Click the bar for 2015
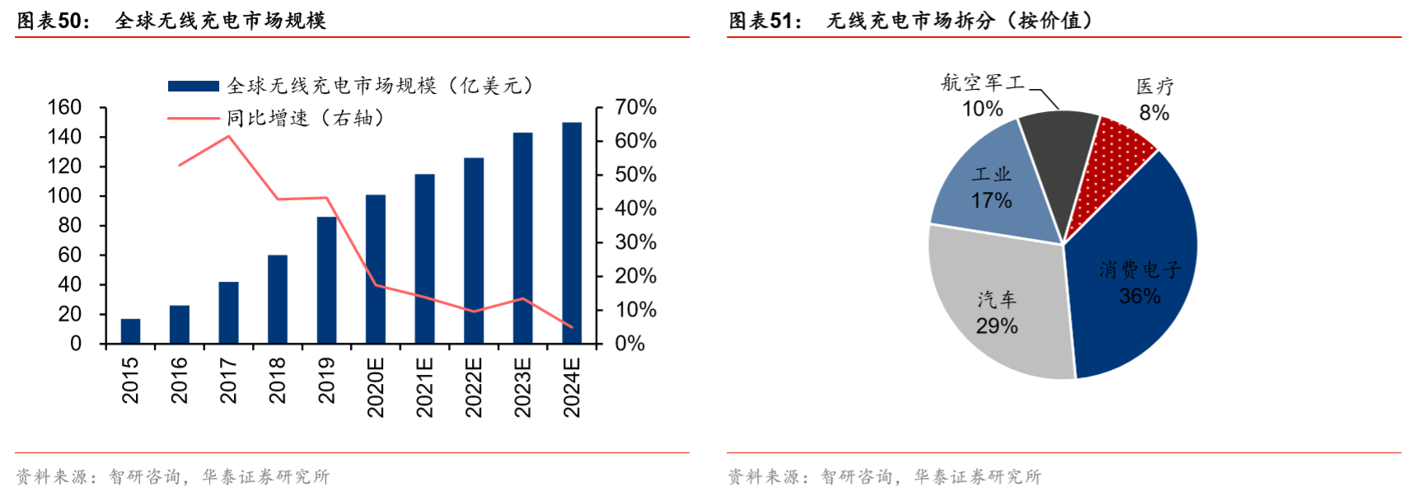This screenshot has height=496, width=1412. point(130,331)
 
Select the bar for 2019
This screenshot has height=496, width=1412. point(326,280)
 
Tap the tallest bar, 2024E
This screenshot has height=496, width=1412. point(572,233)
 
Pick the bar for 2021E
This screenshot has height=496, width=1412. point(424,259)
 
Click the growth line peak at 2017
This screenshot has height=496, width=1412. point(228,136)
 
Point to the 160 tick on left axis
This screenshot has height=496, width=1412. point(64,107)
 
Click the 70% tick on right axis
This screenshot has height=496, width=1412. point(635,107)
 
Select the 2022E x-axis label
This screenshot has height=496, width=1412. point(474,387)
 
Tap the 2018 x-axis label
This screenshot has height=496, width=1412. point(278,380)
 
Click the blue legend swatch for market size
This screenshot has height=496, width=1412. point(193,86)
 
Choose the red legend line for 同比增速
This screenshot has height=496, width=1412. point(193,119)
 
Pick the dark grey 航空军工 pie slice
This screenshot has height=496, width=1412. point(1058,148)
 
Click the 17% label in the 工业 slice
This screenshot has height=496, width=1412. point(991,201)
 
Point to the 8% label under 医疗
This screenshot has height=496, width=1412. point(1154,113)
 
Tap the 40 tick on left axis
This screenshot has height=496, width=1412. point(69,284)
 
